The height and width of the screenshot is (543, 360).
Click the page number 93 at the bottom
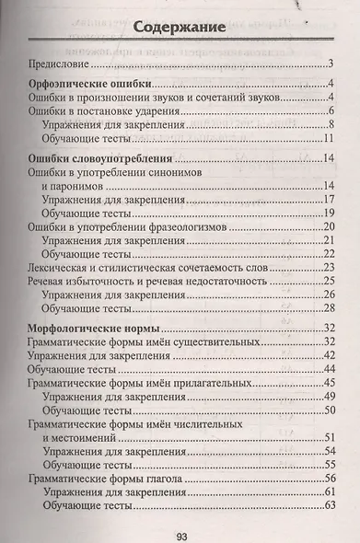point(180,527)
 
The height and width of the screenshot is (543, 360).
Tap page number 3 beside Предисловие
point(330,64)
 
